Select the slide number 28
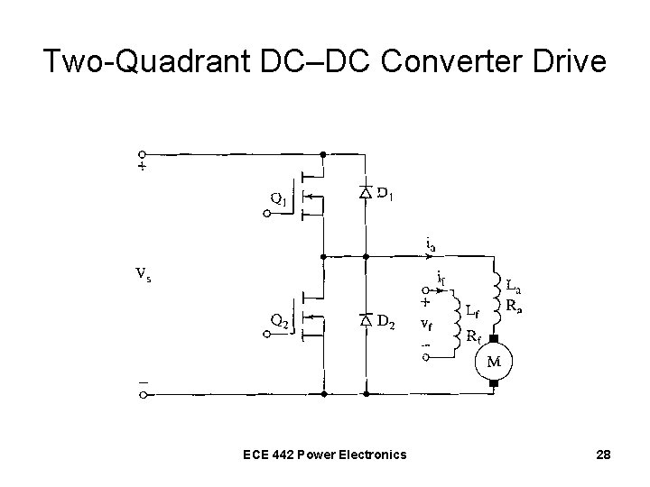coord(604,455)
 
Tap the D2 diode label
coord(386,320)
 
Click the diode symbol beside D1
coord(366,192)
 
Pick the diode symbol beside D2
coord(366,320)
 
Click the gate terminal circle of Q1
coord(266,214)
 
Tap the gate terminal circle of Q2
coord(266,333)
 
